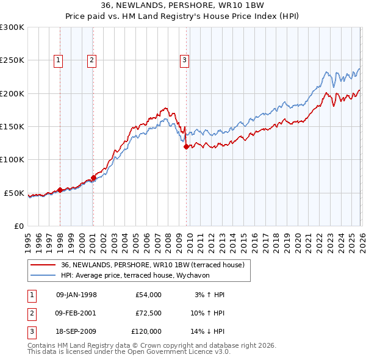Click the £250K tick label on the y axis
(x=12, y=60)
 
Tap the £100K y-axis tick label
(x=12, y=160)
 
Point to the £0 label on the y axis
(x=19, y=226)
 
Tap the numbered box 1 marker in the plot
(x=58, y=60)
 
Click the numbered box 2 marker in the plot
(x=91, y=60)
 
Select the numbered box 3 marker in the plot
(x=184, y=60)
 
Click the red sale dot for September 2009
(x=187, y=146)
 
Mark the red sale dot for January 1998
(x=60, y=190)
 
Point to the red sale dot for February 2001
(x=93, y=178)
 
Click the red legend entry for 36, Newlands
(x=152, y=265)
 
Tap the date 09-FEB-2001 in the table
(x=76, y=313)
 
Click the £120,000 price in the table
(x=146, y=331)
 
